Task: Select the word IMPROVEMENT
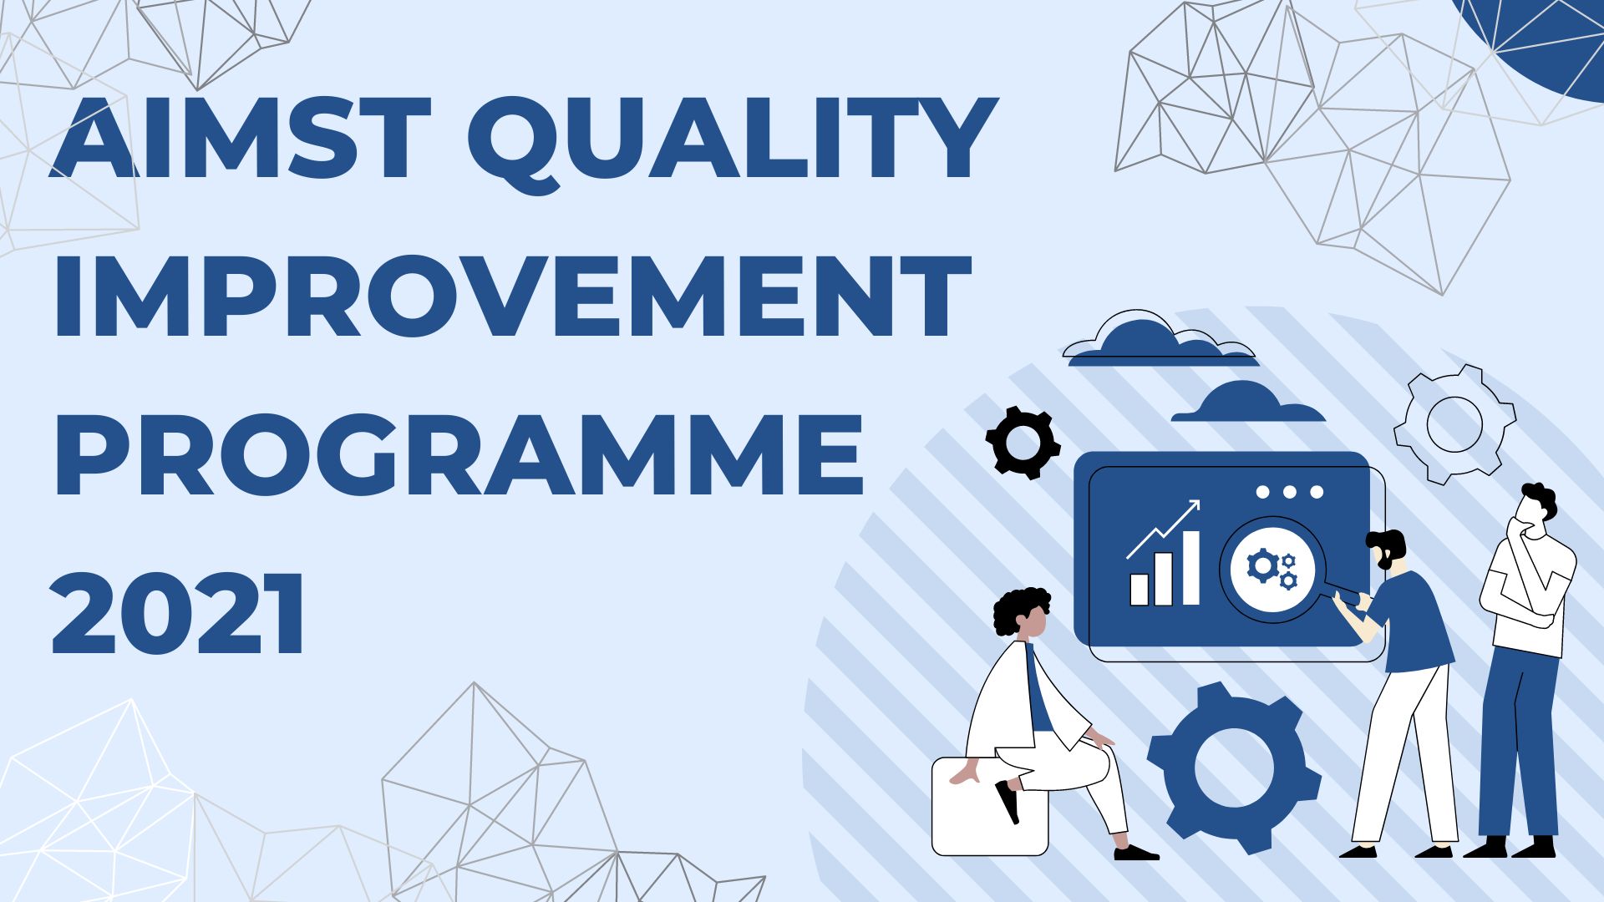pyautogui.click(x=512, y=296)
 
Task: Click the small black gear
pyautogui.click(x=1023, y=443)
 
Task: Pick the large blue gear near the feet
pyautogui.click(x=1233, y=768)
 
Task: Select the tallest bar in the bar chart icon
pyautogui.click(x=1189, y=568)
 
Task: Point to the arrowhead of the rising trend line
pyautogui.click(x=1193, y=506)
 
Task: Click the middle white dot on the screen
pyautogui.click(x=1289, y=492)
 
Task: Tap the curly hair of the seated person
pyautogui.click(x=1021, y=608)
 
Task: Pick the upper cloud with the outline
pyautogui.click(x=1159, y=338)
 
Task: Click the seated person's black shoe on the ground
pyautogui.click(x=1136, y=852)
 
